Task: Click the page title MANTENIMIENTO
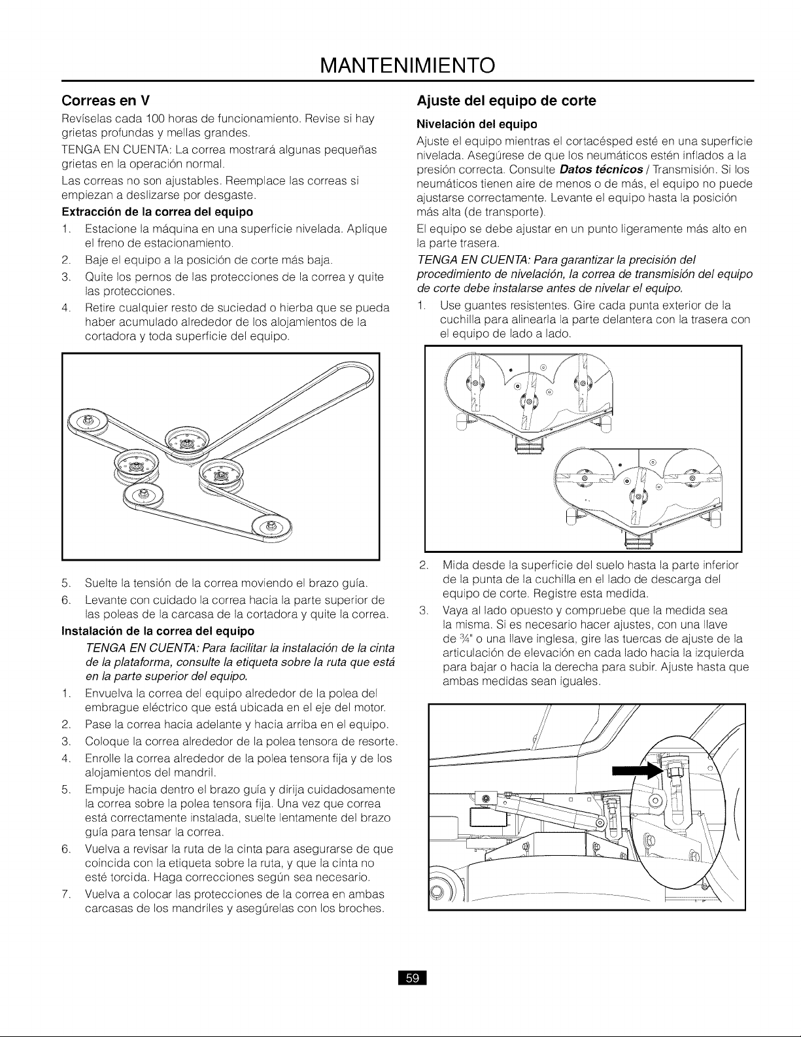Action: click(407, 65)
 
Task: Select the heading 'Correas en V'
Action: click(106, 101)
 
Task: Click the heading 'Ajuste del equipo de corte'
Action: click(506, 101)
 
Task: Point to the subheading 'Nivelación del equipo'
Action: click(477, 124)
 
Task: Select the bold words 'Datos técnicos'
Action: click(601, 169)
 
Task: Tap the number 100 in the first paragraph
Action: click(155, 118)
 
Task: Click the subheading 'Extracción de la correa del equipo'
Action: click(158, 211)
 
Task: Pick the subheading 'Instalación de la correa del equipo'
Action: click(158, 631)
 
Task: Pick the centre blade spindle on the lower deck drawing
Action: click(639, 497)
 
